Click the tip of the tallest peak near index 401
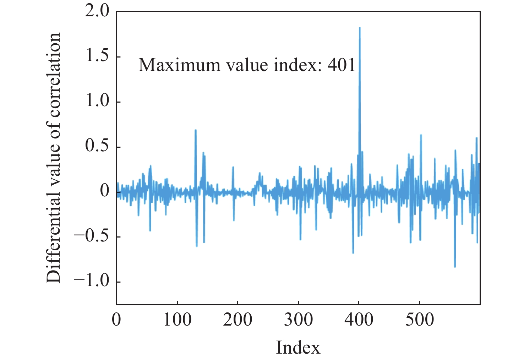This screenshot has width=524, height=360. [360, 28]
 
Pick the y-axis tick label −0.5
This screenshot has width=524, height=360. [92, 236]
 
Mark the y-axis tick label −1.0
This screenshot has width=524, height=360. [92, 282]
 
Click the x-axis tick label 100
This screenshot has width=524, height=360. [177, 320]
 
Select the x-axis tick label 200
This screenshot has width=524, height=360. [238, 320]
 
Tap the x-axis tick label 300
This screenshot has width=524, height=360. [298, 320]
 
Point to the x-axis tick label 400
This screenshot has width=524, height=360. [359, 320]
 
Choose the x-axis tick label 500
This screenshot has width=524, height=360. [420, 320]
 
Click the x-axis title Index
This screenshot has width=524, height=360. [298, 348]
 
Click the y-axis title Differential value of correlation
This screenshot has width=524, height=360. [54, 158]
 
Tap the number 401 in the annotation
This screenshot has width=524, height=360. [341, 65]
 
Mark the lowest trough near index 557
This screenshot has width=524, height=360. [455, 267]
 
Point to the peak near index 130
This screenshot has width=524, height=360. [196, 130]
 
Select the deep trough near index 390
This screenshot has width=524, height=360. [353, 253]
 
